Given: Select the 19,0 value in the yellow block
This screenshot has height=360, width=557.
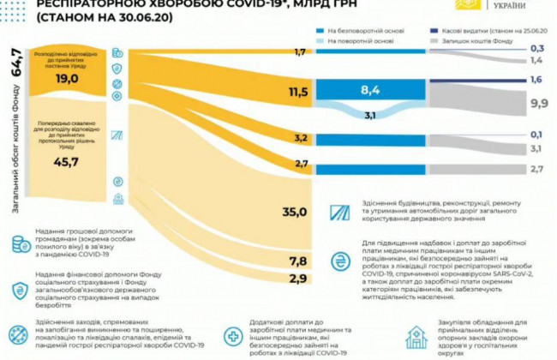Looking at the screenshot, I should (x=68, y=78).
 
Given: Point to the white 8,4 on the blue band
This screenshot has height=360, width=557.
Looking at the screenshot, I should (x=370, y=90).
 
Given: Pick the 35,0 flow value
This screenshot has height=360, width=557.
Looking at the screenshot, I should (x=295, y=211).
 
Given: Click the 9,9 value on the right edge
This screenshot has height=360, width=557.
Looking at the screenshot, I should (x=539, y=103).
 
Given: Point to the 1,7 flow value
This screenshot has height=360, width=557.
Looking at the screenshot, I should (x=299, y=52).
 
